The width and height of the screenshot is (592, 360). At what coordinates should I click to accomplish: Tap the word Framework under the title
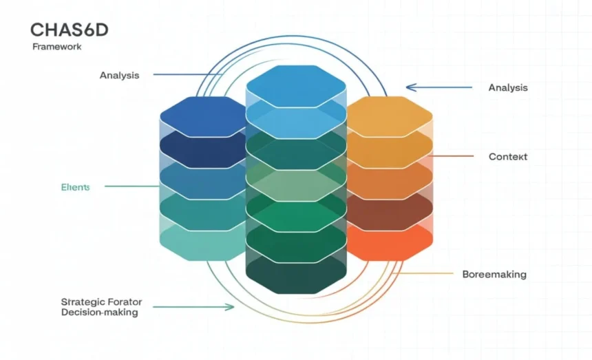(57, 47)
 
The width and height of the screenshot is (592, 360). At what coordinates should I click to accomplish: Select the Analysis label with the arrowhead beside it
(508, 87)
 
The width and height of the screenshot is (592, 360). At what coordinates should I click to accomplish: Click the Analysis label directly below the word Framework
(119, 75)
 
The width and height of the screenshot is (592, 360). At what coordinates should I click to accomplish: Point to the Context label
(508, 157)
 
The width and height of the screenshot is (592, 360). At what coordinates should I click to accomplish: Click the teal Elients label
(75, 187)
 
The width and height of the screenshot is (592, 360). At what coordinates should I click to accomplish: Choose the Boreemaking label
(494, 274)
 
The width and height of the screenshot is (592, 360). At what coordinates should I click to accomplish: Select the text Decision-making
(99, 313)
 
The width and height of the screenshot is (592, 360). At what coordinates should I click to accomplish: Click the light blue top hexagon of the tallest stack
(296, 85)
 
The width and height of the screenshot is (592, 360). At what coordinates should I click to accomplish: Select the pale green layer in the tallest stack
(296, 184)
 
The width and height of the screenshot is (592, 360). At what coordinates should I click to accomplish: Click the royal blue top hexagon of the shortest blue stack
(204, 116)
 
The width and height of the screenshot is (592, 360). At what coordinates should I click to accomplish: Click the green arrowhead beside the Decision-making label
(229, 307)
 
